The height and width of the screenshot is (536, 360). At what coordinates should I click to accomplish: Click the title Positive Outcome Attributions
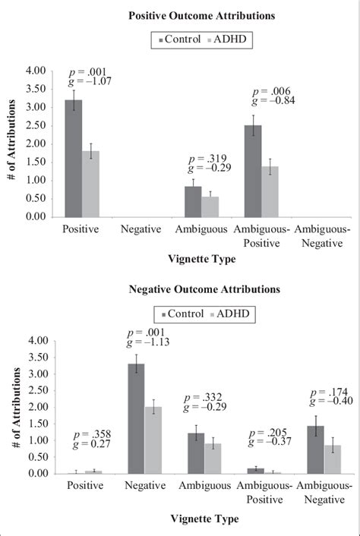click(x=201, y=14)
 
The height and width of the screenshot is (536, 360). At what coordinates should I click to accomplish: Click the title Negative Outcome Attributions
click(x=201, y=289)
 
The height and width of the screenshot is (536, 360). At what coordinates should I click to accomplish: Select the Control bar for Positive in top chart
click(x=74, y=159)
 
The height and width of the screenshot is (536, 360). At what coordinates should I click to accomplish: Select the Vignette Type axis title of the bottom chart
click(x=201, y=519)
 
